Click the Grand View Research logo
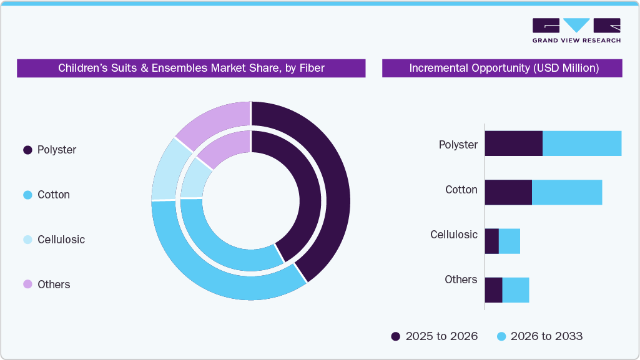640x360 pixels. click(576, 31)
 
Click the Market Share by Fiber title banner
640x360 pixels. click(191, 68)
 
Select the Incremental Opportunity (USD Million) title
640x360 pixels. click(503, 68)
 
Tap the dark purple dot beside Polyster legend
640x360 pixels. click(27, 150)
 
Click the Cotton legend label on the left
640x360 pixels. click(53, 195)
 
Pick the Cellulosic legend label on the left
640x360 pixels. click(61, 240)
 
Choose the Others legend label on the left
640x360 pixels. click(54, 285)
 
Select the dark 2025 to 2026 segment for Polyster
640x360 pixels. click(513, 144)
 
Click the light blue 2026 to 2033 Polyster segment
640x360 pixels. click(582, 144)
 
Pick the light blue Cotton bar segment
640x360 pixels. click(567, 192)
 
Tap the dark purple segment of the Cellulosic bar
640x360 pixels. click(491, 241)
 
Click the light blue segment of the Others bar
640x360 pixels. click(516, 290)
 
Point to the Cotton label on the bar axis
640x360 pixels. click(461, 190)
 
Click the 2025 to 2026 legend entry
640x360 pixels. click(435, 336)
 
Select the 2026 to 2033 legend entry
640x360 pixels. click(539, 336)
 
